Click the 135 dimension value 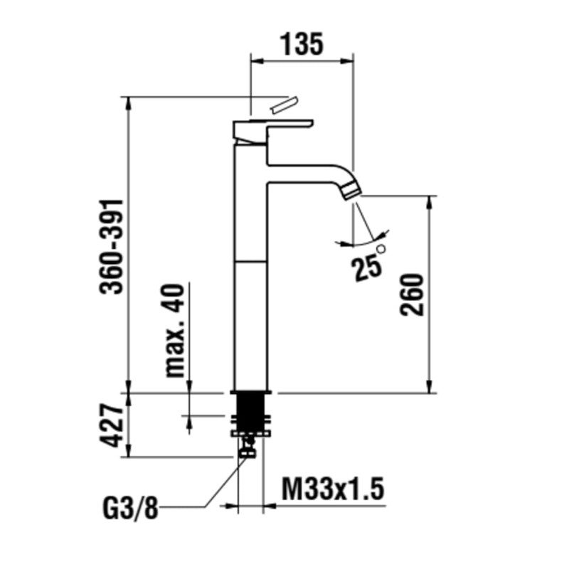pyautogui.click(x=302, y=45)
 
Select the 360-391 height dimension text pyautogui.click(x=112, y=247)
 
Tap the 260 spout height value pyautogui.click(x=412, y=294)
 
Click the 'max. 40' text pyautogui.click(x=175, y=330)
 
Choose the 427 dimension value pyautogui.click(x=112, y=425)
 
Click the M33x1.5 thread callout pyautogui.click(x=333, y=489)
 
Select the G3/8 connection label pyautogui.click(x=131, y=509)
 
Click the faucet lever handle pyautogui.click(x=272, y=131)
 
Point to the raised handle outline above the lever pyautogui.click(x=283, y=105)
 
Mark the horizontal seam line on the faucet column pyautogui.click(x=250, y=261)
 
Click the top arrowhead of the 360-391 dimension pyautogui.click(x=128, y=103)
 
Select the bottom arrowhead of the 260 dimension pyautogui.click(x=430, y=386)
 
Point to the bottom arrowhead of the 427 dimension pyautogui.click(x=128, y=451)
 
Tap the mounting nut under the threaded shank pyautogui.click(x=250, y=433)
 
